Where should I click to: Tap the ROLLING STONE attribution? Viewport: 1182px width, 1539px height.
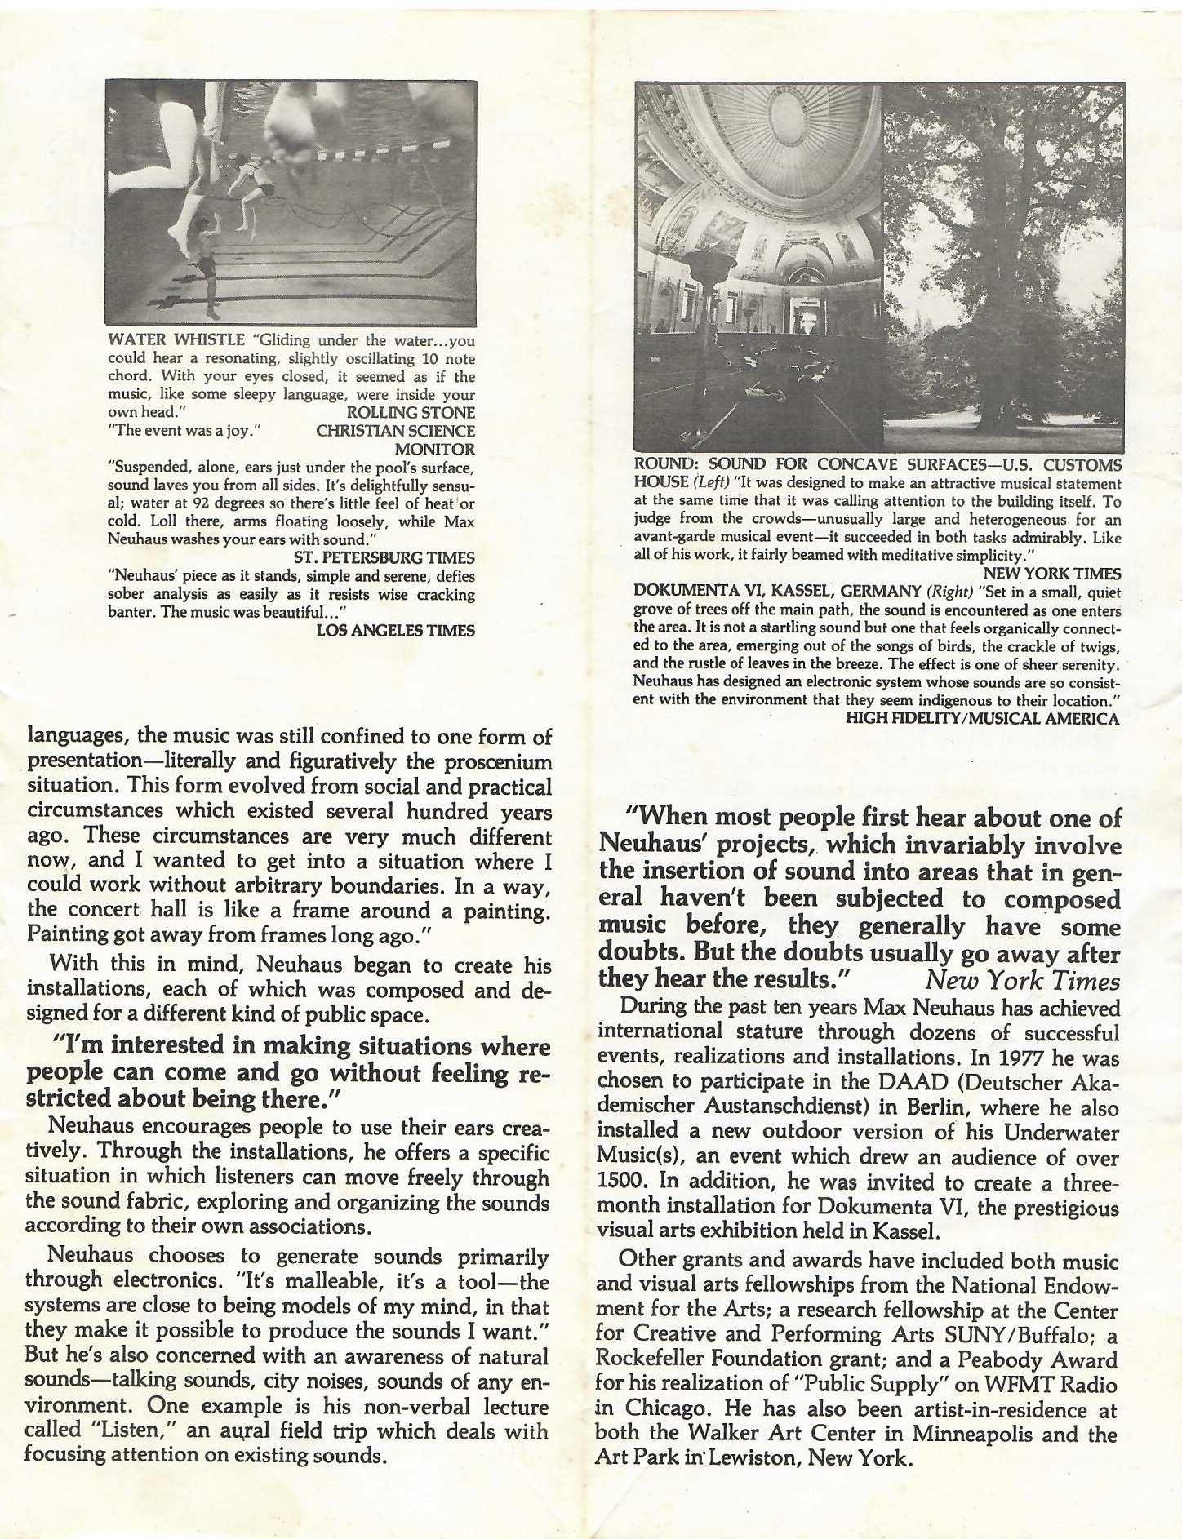coord(411,413)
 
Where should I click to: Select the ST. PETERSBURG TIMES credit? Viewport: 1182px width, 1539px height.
coord(384,557)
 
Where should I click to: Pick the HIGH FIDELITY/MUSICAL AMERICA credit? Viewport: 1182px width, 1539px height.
coord(983,718)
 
